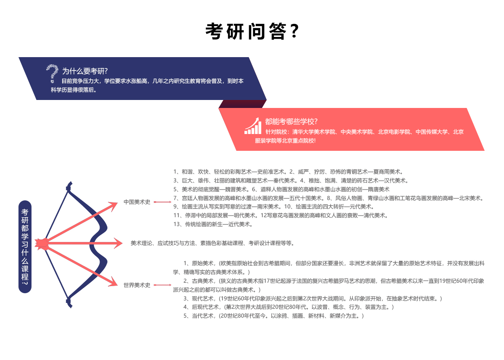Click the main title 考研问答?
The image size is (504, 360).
pyautogui.click(x=252, y=31)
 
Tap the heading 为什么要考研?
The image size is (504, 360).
pyautogui.click(x=85, y=71)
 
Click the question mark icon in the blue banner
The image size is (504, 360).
pyautogui.click(x=52, y=74)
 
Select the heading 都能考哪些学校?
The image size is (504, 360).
pyautogui.click(x=291, y=121)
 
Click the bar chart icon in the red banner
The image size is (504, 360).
pyautogui.click(x=253, y=126)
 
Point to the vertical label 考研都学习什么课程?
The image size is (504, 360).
pyautogui.click(x=25, y=247)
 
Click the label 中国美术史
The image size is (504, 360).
pyautogui.click(x=137, y=202)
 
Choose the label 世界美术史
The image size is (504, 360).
pyautogui.click(x=137, y=285)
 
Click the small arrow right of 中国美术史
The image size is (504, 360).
pyautogui.click(x=163, y=202)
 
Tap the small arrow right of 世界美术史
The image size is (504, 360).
pyautogui.click(x=163, y=285)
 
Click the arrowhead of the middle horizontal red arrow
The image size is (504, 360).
pyautogui.click(x=118, y=243)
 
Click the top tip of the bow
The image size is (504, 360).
pyautogui.click(x=71, y=182)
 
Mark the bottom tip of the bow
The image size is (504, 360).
pyautogui.click(x=71, y=307)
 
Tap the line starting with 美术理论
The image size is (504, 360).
pyautogui.click(x=213, y=243)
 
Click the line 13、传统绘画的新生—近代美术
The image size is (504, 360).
pyautogui.click(x=213, y=224)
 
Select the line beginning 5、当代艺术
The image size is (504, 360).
pyautogui.click(x=273, y=316)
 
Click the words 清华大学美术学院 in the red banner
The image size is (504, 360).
pyautogui.click(x=314, y=132)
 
